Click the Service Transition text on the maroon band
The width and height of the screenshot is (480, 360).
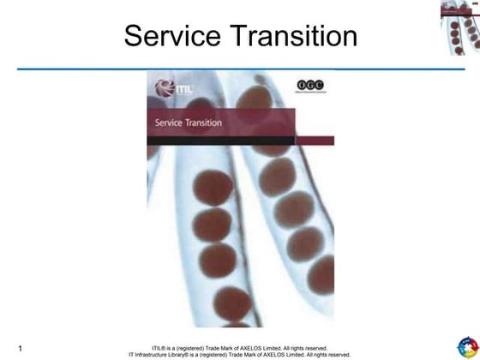(188, 123)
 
